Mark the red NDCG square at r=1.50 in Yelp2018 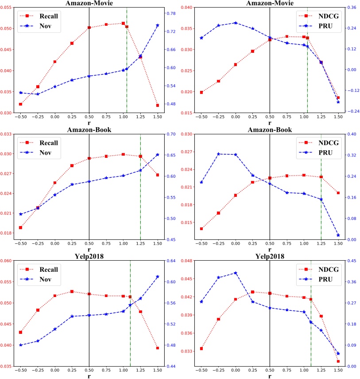(x=338, y=361)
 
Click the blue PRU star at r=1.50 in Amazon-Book (x=338, y=235)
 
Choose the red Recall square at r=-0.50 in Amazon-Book (x=20, y=227)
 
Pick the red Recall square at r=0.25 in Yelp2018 (x=72, y=291)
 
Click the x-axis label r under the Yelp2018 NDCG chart (x=269, y=376)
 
